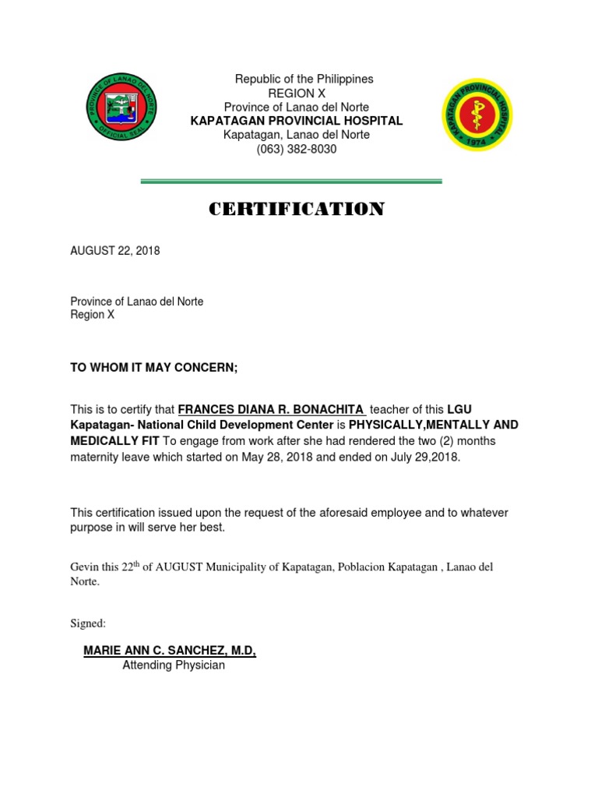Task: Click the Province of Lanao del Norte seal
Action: tap(121, 108)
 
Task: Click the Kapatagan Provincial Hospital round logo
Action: tap(477, 115)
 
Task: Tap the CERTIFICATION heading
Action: tap(297, 210)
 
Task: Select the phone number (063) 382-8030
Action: tap(297, 149)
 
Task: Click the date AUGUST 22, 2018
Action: tap(115, 251)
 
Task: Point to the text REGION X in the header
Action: tap(297, 93)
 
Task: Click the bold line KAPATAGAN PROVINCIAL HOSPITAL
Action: tap(297, 121)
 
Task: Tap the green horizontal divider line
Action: tap(290, 182)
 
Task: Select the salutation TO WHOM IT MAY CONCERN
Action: tap(153, 368)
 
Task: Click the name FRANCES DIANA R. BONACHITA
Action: tap(270, 410)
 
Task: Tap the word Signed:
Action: tap(88, 623)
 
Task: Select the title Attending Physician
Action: tap(174, 666)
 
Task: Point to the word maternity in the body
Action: tap(95, 457)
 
